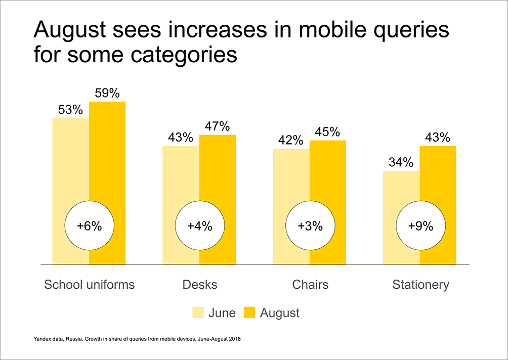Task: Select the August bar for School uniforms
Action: pyautogui.click(x=107, y=152)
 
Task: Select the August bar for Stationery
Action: pyautogui.click(x=438, y=182)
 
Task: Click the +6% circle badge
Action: pyautogui.click(x=90, y=227)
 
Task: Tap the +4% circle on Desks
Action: pyautogui.click(x=199, y=227)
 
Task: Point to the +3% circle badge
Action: pyautogui.click(x=310, y=227)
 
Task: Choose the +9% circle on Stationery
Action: pyautogui.click(x=420, y=227)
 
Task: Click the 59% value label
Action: pyautogui.click(x=107, y=93)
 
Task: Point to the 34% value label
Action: pyautogui.click(x=401, y=163)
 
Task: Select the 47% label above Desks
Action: pyautogui.click(x=218, y=126)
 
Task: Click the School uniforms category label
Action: pyautogui.click(x=90, y=285)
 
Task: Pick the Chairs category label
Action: pyautogui.click(x=310, y=285)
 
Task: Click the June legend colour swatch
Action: pyautogui.click(x=198, y=313)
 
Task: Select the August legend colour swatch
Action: pyautogui.click(x=249, y=313)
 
